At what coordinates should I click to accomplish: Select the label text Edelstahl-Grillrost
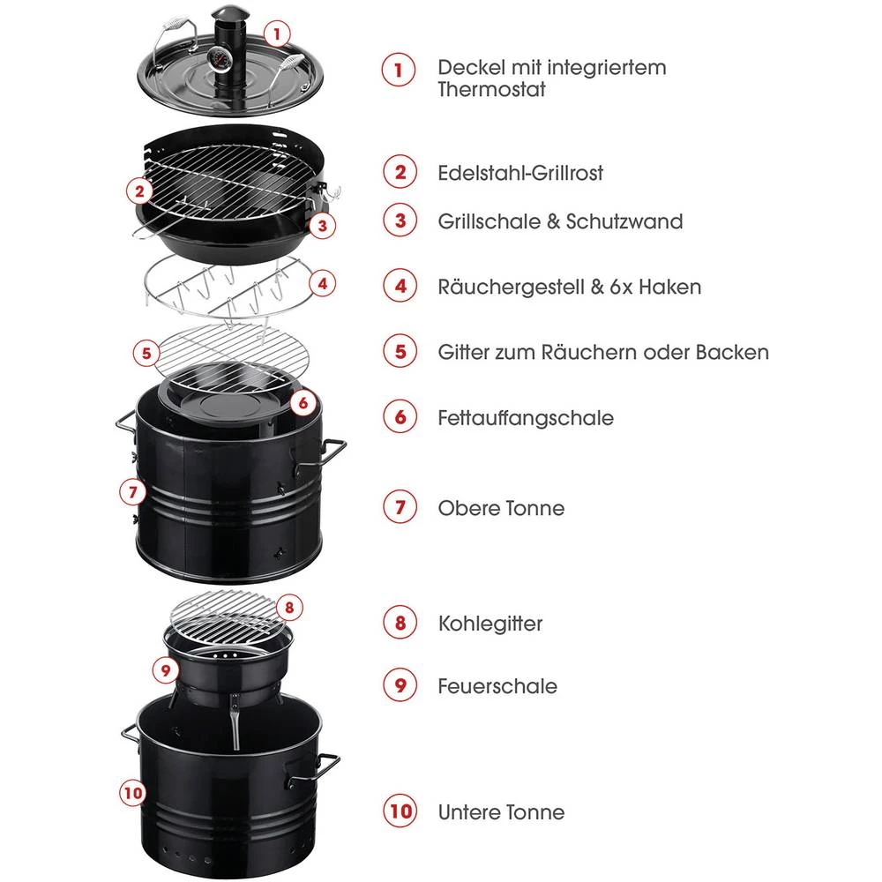pos(520,172)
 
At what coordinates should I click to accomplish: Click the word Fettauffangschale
pos(525,417)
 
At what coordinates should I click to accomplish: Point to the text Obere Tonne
pos(501,508)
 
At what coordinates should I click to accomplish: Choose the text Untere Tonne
pos(501,811)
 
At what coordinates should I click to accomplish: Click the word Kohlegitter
pos(490,624)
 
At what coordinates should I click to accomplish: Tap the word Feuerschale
pos(497,685)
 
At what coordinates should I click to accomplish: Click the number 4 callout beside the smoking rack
pos(324,284)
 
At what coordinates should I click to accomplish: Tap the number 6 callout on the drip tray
pos(303,403)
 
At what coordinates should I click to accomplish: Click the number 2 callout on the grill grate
pos(138,190)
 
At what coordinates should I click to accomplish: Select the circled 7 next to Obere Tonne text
pos(400,508)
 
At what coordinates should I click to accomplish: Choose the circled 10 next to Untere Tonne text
pos(400,811)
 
